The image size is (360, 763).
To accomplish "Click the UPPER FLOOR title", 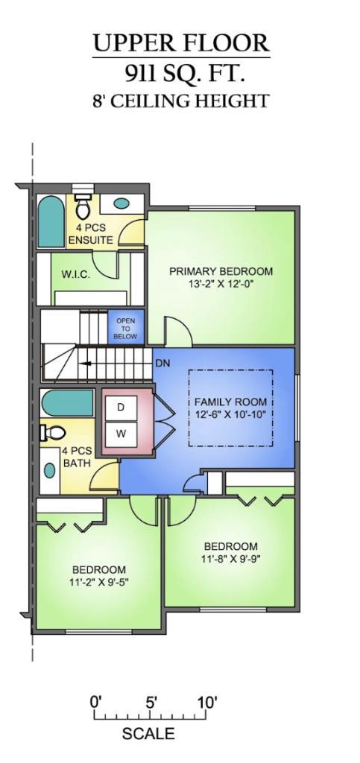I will pos(180,43).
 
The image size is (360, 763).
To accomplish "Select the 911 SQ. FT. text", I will pos(180,73).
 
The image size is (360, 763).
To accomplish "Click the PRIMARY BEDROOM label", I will pos(221,271).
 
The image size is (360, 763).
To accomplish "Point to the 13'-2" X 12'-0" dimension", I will pos(221,284).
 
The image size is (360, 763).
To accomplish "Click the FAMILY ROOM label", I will pos(230,402).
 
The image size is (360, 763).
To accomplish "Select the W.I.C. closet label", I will pos(75,275).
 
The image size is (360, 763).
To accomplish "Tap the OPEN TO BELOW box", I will pos(125,329).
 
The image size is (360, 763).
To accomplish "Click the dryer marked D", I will pos(121,408).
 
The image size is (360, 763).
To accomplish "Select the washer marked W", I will pos(121,433).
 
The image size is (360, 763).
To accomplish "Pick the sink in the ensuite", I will pos(121,203).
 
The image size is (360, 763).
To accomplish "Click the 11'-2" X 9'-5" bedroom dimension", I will pos(98,582).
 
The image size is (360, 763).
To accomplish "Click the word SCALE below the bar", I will pos(148,734).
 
